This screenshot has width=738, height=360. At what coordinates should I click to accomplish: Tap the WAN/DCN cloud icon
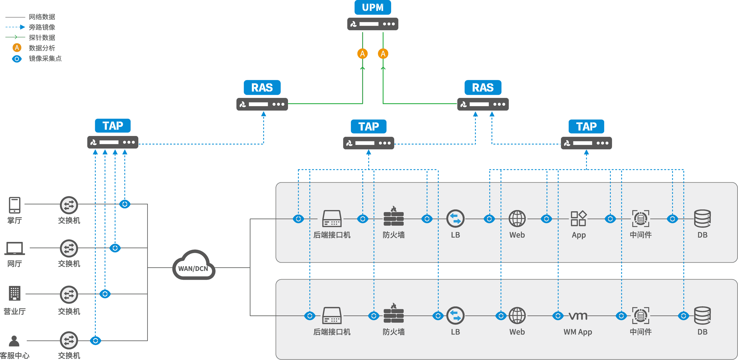[194, 266]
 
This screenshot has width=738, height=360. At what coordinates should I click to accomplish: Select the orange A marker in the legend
[17, 48]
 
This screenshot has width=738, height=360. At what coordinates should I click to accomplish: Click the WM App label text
[578, 332]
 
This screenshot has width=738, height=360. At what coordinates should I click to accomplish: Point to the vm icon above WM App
[578, 316]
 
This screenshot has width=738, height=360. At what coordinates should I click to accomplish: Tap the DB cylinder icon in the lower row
[702, 315]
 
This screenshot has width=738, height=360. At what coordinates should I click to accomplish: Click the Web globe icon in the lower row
[517, 316]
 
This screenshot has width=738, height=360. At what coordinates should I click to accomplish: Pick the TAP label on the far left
[113, 126]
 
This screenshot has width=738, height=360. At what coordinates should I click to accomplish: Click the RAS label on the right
[483, 88]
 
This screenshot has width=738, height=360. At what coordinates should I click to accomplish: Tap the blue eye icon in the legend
[17, 59]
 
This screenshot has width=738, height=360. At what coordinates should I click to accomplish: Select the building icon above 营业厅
[14, 294]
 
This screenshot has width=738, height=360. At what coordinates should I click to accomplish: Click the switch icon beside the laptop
[69, 248]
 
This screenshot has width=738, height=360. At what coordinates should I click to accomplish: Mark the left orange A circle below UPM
[362, 53]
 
